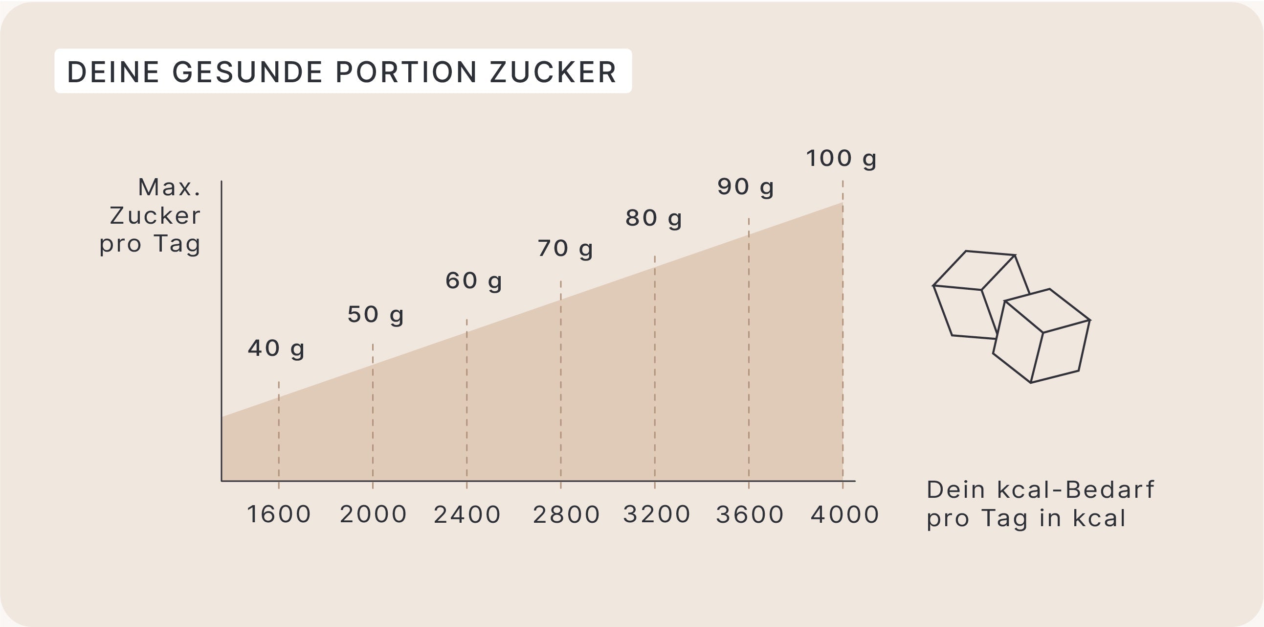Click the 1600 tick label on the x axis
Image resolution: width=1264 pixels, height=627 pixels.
click(279, 514)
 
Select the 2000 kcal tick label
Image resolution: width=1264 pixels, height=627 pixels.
click(373, 514)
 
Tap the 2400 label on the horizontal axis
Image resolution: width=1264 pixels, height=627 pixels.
click(467, 514)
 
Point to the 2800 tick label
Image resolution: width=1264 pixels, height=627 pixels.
click(566, 514)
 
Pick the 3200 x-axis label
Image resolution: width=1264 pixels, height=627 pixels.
click(657, 514)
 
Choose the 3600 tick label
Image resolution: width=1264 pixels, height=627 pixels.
click(750, 514)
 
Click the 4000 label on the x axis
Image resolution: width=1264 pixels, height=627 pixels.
click(844, 514)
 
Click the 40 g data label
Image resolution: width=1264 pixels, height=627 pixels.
click(276, 348)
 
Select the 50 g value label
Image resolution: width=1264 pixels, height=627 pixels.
click(376, 315)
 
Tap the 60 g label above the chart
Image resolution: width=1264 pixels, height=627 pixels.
click(473, 281)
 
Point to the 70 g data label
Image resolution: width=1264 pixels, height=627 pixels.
click(565, 249)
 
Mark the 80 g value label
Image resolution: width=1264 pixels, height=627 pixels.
click(653, 218)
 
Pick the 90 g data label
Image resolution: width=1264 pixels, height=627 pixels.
click(745, 186)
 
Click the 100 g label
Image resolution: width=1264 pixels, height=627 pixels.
click(841, 159)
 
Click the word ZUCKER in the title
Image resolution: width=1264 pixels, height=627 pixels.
click(553, 72)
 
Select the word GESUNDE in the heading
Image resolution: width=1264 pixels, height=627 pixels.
click(247, 72)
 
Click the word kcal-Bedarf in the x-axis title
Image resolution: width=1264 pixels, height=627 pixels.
click(1076, 489)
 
